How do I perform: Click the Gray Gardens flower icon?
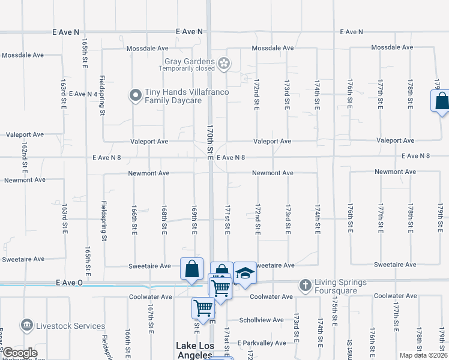pyautogui.click(x=224, y=63)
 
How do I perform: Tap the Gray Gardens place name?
pyautogui.click(x=190, y=61)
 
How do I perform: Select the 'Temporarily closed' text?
pyautogui.click(x=187, y=68)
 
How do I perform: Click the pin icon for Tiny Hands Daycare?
pyautogui.click(x=136, y=95)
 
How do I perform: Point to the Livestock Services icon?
pyautogui.click(x=26, y=326)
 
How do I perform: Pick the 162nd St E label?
pyautogui.click(x=25, y=157)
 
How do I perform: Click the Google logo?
pyautogui.click(x=19, y=353)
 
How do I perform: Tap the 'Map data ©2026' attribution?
pyautogui.click(x=423, y=355)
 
